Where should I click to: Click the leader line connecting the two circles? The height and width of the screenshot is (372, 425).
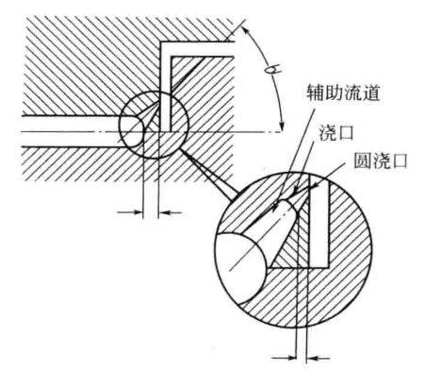tap(206, 168)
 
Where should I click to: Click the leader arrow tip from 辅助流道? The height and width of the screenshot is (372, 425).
tap(272, 207)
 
